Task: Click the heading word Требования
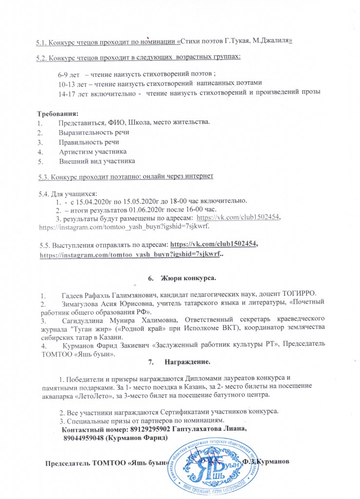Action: click(x=57, y=114)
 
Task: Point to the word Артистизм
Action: click(x=76, y=152)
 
